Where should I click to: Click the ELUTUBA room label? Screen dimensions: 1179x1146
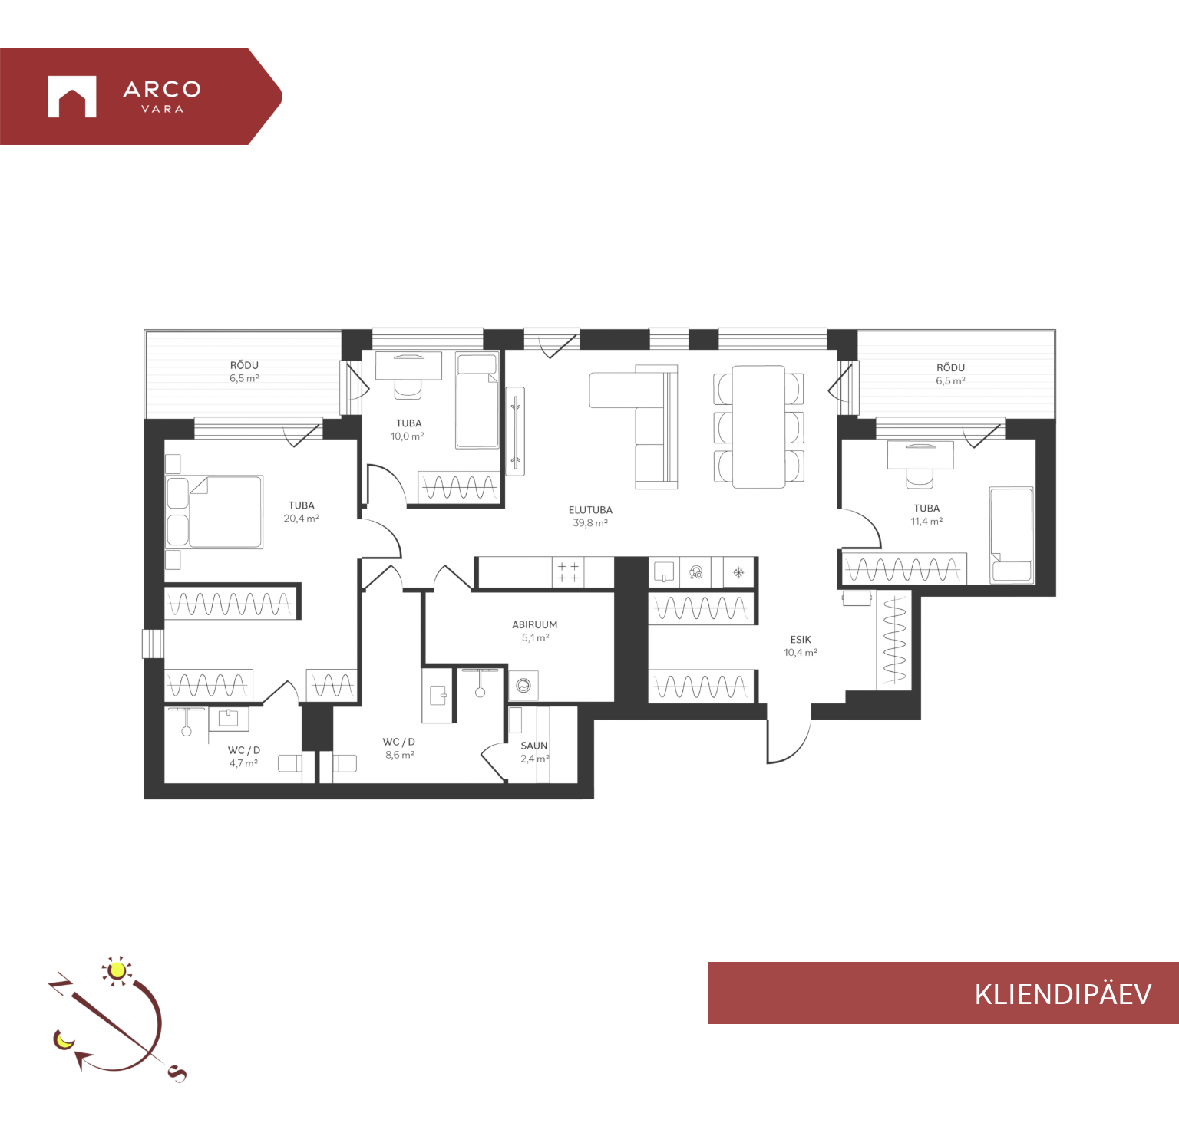[x=590, y=510]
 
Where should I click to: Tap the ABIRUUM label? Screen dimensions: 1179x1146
[x=535, y=625]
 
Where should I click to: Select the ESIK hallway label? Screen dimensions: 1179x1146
[x=801, y=640]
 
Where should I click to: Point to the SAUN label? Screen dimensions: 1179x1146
[x=534, y=746]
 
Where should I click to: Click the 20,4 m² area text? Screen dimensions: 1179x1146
[x=302, y=519]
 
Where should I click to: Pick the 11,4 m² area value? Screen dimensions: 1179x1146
[x=926, y=522]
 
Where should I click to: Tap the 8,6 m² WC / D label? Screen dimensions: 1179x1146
[x=400, y=755]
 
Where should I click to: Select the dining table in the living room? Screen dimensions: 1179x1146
[x=758, y=426]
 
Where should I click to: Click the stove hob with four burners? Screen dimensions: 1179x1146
[x=568, y=572]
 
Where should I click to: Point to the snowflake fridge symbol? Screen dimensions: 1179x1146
[x=738, y=572]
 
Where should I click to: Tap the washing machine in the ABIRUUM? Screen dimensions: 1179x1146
[x=523, y=685]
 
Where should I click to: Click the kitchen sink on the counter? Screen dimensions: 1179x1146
[x=664, y=572]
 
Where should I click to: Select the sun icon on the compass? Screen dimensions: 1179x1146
[x=117, y=971]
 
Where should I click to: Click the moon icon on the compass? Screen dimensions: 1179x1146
[x=63, y=1040]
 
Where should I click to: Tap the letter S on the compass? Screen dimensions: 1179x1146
[x=177, y=1074]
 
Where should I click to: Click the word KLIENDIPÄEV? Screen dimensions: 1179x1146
[x=1063, y=994]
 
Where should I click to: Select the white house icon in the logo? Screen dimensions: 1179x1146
[x=72, y=97]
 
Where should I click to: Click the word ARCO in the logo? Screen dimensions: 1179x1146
[x=162, y=90]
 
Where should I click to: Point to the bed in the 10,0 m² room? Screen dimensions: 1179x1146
[x=477, y=400]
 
